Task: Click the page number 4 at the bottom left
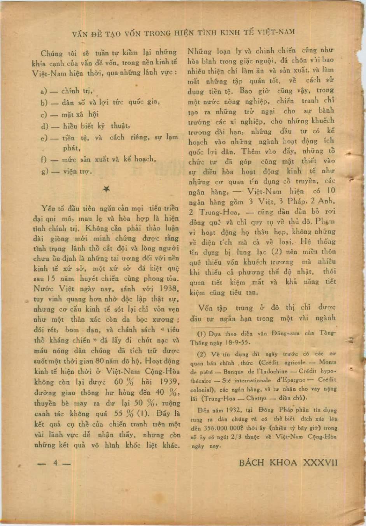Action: pyautogui.click(x=56, y=463)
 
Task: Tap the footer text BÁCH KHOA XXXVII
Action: pyautogui.click(x=288, y=462)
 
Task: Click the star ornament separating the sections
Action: pyautogui.click(x=105, y=189)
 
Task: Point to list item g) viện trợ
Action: pyautogui.click(x=67, y=171)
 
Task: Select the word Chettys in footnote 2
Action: pyautogui.click(x=254, y=397)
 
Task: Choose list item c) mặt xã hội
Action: pyautogui.click(x=70, y=114)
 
